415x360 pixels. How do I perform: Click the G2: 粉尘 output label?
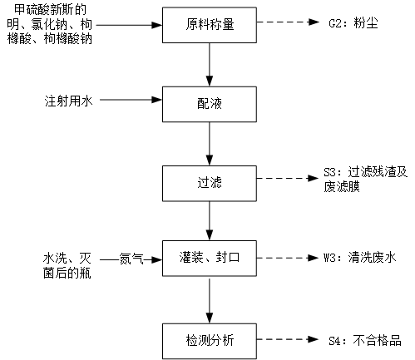353,22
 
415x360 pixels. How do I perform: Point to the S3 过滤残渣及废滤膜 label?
365,179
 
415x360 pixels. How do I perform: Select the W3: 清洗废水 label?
359,258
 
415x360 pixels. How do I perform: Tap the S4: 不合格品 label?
365,340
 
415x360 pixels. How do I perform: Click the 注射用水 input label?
68,101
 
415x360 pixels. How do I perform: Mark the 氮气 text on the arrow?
131,259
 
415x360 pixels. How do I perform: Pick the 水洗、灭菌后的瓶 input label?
67,265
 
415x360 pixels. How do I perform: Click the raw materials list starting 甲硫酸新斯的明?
50,24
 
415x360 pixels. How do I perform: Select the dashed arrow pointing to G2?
288,22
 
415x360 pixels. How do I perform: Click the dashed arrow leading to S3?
288,178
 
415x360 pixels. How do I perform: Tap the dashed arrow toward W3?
288,258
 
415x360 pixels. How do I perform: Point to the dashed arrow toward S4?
288,339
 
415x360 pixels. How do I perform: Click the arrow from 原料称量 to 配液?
210,65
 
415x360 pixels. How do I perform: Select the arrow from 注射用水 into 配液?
131,100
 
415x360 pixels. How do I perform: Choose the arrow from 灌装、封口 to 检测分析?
210,301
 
